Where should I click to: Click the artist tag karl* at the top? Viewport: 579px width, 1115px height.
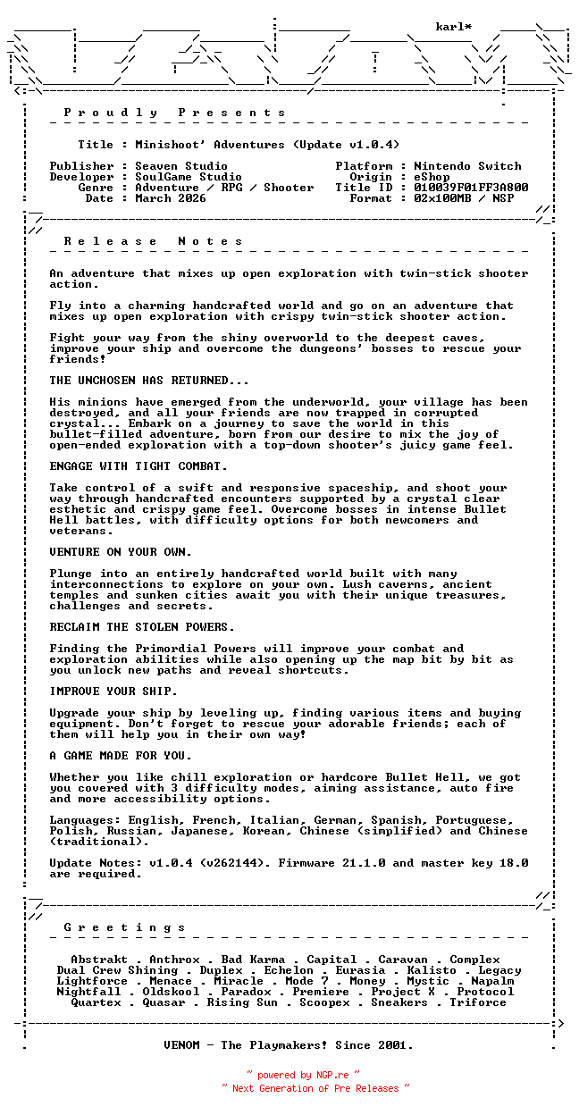(454, 27)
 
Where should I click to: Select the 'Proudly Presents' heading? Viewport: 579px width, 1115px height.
(175, 113)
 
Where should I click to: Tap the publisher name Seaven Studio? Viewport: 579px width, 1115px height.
(181, 166)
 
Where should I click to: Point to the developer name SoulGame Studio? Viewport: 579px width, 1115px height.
(189, 177)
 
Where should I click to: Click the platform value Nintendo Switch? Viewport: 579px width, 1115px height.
(467, 166)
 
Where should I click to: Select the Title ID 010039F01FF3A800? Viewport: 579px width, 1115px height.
(471, 188)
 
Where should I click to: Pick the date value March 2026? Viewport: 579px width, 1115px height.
(171, 198)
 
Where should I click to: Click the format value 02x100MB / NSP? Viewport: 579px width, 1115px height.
(464, 198)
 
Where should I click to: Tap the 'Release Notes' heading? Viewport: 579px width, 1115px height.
(154, 241)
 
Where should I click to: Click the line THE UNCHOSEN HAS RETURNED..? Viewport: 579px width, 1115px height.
(149, 381)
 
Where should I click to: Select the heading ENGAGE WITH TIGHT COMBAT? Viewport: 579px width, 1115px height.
(138, 466)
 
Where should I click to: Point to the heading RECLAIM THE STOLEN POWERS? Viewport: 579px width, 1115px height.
(142, 627)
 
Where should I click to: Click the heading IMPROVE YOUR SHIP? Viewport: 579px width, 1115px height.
(113, 692)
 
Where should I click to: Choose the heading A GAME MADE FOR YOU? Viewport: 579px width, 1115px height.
(121, 756)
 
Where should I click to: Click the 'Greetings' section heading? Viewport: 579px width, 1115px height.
(125, 927)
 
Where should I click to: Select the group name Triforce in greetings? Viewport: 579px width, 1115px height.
(478, 1002)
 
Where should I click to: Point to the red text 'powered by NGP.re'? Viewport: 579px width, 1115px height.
(303, 1076)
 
